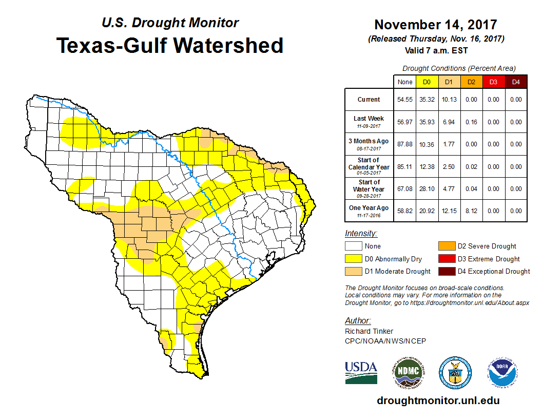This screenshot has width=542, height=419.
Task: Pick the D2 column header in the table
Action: click(471, 82)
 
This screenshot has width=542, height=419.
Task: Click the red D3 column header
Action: click(493, 82)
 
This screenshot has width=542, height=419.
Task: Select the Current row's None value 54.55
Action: click(405, 100)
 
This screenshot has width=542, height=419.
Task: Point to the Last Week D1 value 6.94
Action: click(449, 122)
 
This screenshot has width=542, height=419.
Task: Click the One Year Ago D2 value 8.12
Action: click(471, 211)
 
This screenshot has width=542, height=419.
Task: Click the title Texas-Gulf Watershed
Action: click(170, 45)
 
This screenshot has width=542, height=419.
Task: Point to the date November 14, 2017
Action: click(435, 25)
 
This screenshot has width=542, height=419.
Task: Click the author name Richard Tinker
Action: click(369, 331)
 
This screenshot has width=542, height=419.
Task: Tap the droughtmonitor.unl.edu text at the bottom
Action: click(438, 401)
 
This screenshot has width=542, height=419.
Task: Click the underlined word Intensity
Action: click(361, 234)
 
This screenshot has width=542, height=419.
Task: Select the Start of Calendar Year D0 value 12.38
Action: click(427, 166)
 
